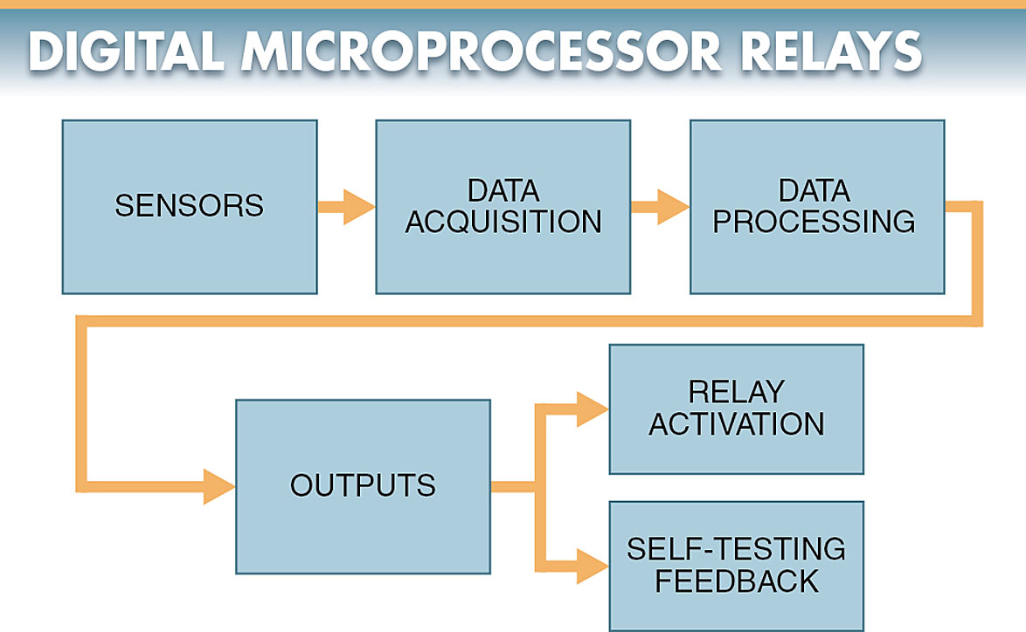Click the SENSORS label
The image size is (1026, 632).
189,206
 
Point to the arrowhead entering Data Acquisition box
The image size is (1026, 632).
358,207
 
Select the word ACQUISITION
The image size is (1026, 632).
503,222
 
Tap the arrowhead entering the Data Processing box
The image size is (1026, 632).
672,207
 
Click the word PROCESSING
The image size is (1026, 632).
815,222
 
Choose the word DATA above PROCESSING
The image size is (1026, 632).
815,191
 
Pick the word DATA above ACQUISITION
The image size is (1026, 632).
503,191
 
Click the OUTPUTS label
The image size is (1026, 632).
363,485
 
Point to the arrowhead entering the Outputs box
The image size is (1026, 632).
218,486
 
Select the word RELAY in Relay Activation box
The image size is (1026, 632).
737,393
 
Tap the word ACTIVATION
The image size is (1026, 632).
737,424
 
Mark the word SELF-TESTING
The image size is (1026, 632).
737,549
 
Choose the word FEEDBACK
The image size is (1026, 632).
737,580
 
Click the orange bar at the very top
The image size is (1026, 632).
513,3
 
